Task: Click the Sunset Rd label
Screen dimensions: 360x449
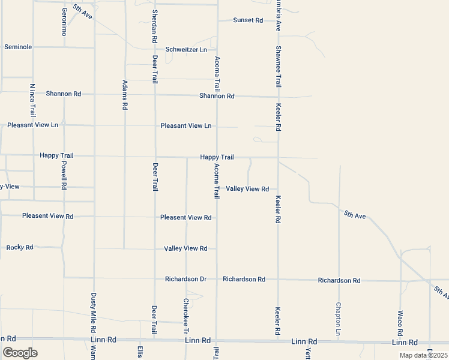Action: point(249,20)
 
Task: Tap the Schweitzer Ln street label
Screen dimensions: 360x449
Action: point(186,49)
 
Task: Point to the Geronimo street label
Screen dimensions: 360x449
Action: point(65,22)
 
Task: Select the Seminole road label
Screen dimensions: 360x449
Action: point(18,47)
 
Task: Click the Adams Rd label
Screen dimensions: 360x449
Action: point(125,94)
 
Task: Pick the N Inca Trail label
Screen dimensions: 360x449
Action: point(33,100)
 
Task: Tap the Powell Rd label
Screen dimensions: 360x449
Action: point(64,175)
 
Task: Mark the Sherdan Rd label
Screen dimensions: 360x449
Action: point(155,26)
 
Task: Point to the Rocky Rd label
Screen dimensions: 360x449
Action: point(20,247)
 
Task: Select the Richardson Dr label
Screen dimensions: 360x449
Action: point(185,280)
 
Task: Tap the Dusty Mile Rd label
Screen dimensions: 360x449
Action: point(94,313)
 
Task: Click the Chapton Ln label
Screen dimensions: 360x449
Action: point(339,319)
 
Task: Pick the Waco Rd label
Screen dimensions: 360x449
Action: point(400,323)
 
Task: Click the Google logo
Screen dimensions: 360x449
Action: point(20,353)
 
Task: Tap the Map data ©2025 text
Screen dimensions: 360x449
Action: point(423,355)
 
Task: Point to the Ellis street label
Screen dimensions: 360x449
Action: point(140,351)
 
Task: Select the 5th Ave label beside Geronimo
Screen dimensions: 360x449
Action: point(83,11)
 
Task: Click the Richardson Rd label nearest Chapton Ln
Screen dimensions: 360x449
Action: point(339,281)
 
